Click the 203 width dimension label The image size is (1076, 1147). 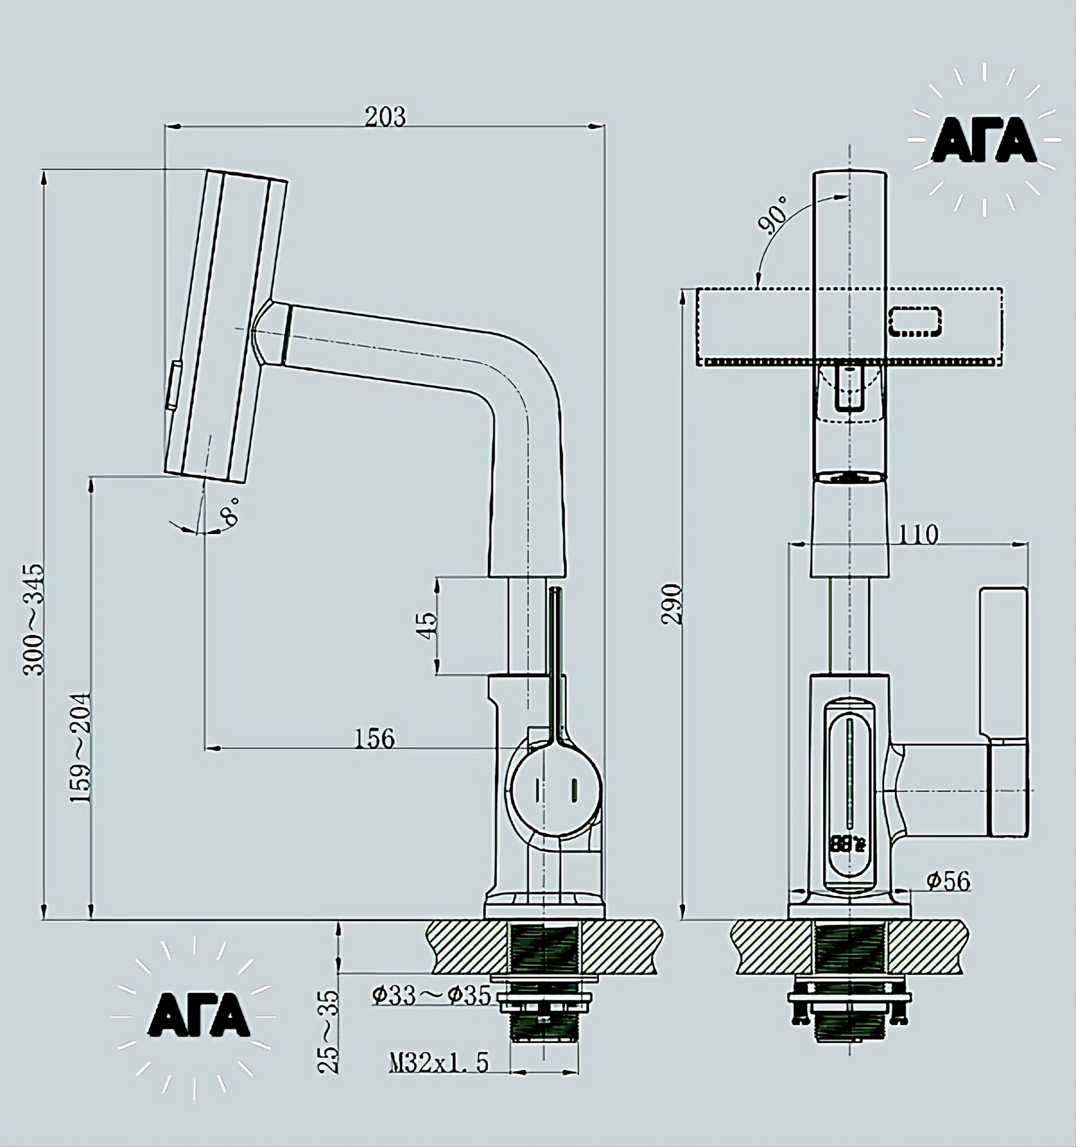click(x=385, y=116)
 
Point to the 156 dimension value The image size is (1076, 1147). click(x=374, y=738)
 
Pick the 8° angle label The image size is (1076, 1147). click(x=231, y=509)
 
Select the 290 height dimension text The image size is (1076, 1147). click(x=673, y=604)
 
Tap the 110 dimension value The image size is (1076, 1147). click(x=918, y=535)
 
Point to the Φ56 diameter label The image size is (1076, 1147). click(x=949, y=881)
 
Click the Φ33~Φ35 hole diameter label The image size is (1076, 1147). click(x=431, y=994)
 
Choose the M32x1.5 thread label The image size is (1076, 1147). click(x=438, y=1061)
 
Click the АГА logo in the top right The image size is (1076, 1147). click(x=984, y=142)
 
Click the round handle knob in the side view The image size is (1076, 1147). click(x=554, y=788)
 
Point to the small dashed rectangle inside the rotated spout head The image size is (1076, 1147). click(x=915, y=321)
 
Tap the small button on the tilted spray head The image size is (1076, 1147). click(x=173, y=385)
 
